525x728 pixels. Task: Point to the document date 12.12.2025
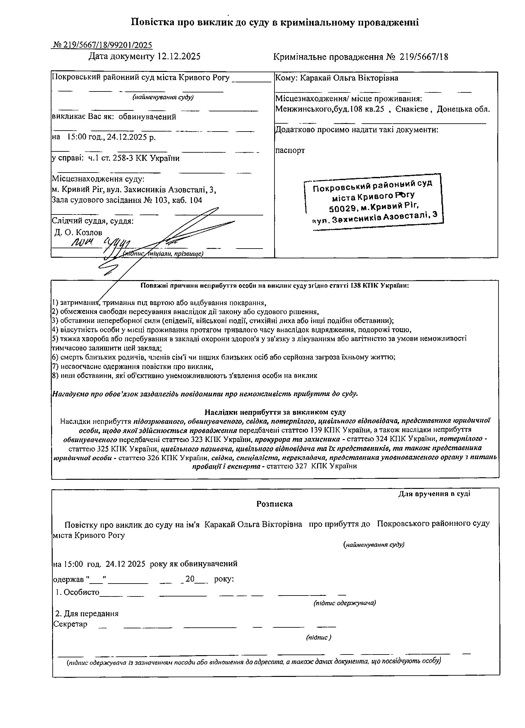point(179,57)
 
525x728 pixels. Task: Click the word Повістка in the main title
point(153,22)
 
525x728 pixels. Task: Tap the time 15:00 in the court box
point(76,138)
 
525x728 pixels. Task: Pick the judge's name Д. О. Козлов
point(79,232)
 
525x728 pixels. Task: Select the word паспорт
point(290,150)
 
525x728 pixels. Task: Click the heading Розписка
point(274,504)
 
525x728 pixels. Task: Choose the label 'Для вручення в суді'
point(434,494)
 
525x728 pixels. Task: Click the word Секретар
point(70,624)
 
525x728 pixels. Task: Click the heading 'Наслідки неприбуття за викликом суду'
point(275,412)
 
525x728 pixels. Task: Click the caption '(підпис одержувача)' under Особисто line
point(345,603)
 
